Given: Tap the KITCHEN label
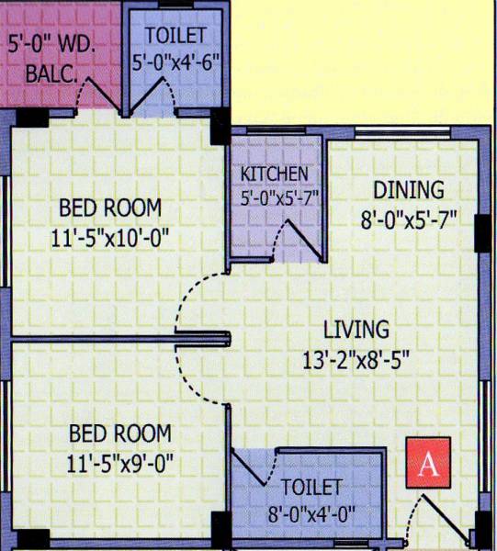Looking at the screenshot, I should click(x=274, y=174).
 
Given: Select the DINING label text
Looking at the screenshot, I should click(x=409, y=190).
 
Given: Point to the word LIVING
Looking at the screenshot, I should click(x=356, y=328).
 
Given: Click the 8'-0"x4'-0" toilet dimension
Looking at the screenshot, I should click(x=312, y=512).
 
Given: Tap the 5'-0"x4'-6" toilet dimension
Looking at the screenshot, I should click(x=184, y=66).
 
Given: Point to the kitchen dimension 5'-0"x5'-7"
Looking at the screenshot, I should click(x=275, y=197).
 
